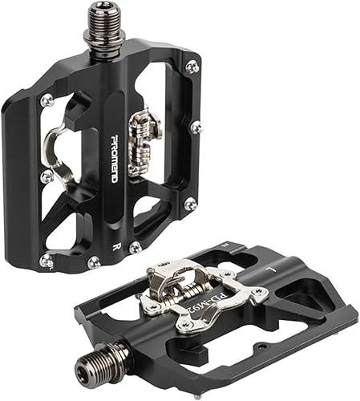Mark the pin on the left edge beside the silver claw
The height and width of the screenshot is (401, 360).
[x=46, y=175]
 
